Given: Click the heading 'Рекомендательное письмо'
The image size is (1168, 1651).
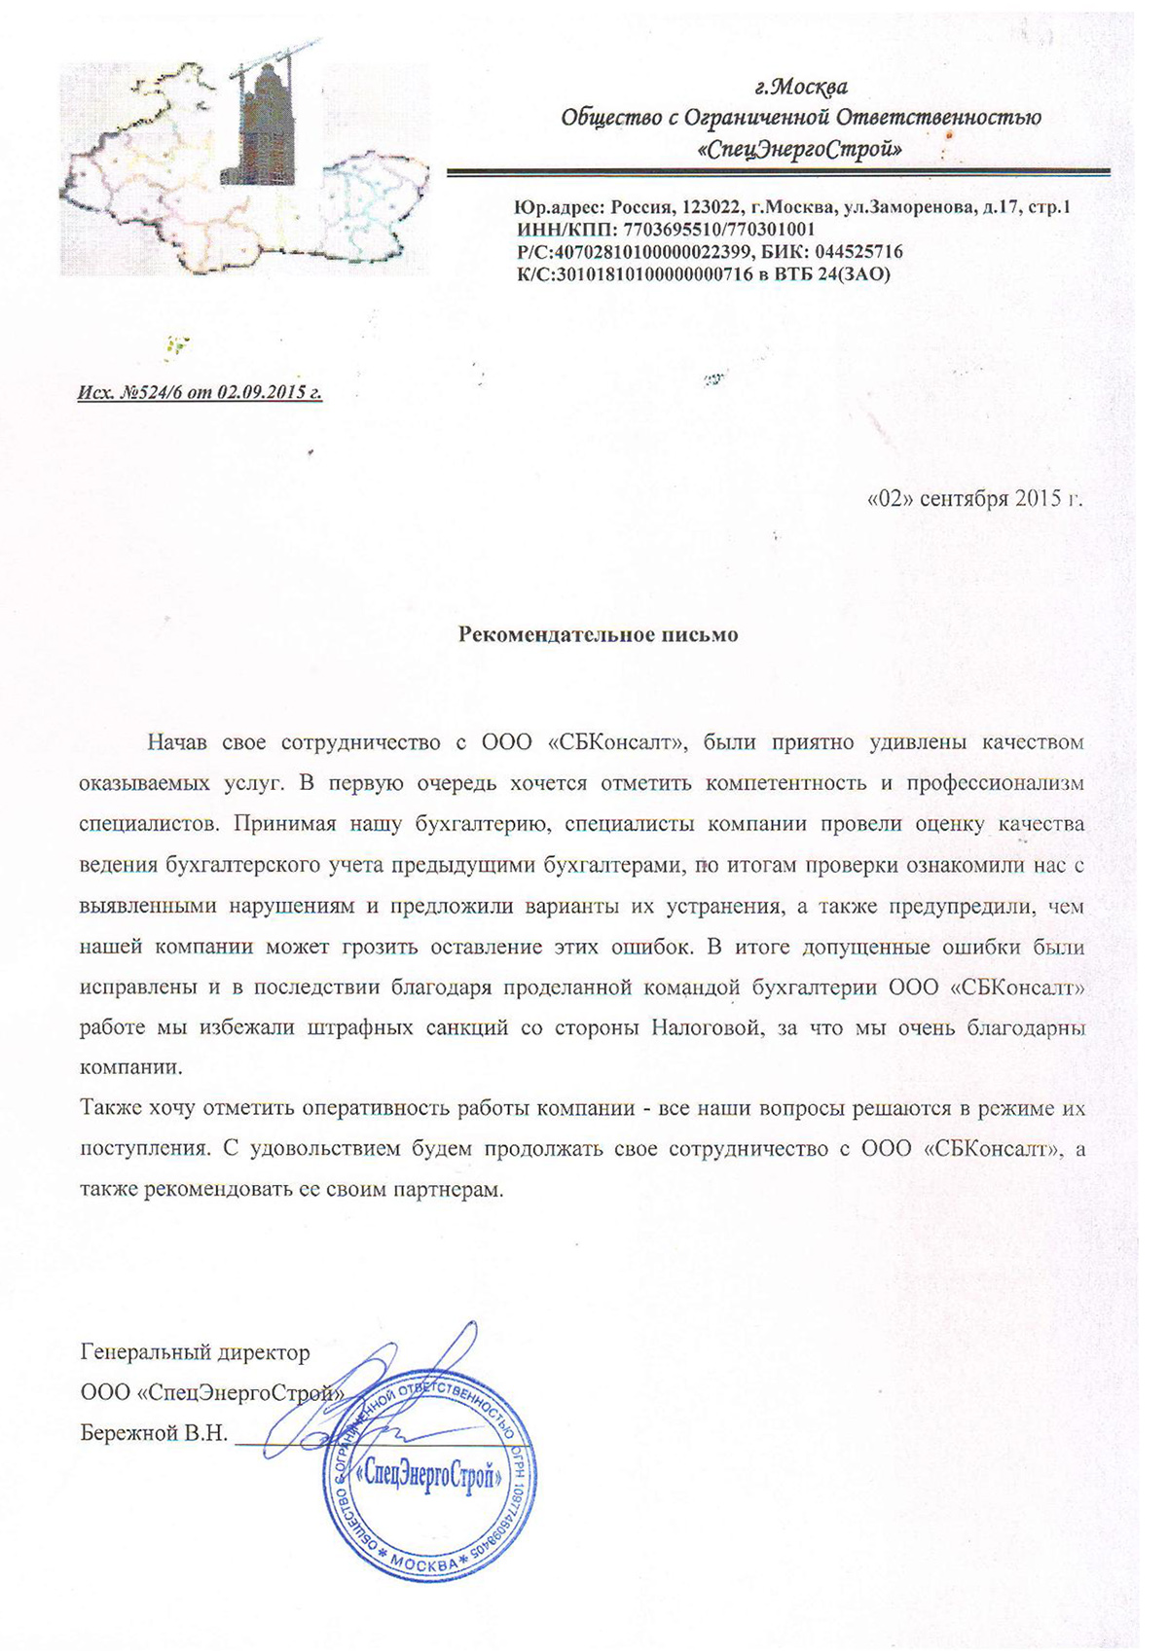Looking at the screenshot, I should pyautogui.click(x=598, y=635).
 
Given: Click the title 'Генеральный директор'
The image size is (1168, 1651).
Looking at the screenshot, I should pyautogui.click(x=196, y=1352).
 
